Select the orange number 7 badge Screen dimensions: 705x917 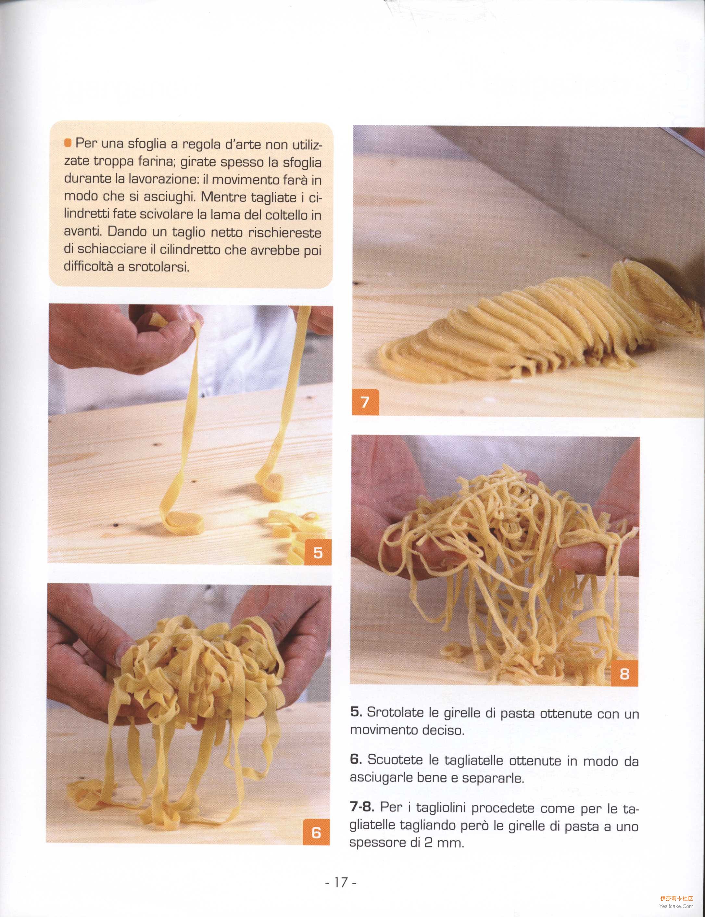tap(365, 402)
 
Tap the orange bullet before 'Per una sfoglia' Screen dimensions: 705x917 tap(68, 143)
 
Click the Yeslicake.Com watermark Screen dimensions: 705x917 tap(676, 906)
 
